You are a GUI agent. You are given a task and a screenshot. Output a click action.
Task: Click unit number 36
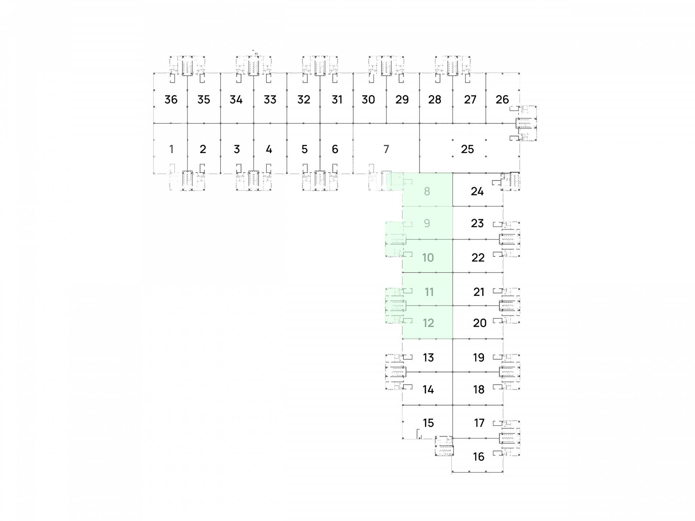(x=171, y=99)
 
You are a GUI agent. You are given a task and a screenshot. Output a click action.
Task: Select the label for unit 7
(x=386, y=149)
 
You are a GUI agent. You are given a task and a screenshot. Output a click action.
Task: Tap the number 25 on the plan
(x=467, y=149)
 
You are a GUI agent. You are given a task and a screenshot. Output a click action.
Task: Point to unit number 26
(x=502, y=99)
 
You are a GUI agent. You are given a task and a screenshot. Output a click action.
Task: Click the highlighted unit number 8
(x=427, y=191)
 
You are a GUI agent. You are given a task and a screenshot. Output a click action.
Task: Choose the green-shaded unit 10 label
(x=428, y=258)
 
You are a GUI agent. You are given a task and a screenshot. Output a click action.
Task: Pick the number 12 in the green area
(x=428, y=323)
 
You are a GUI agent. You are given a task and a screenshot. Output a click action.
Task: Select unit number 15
(x=428, y=423)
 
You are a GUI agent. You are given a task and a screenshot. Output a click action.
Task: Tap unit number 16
(x=479, y=457)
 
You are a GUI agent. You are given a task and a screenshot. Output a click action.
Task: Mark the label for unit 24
(x=477, y=191)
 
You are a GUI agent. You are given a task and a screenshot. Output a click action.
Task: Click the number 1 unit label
(x=171, y=149)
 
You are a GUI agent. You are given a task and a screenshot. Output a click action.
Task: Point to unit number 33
(x=270, y=99)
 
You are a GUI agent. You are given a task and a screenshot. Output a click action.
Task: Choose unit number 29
(x=402, y=99)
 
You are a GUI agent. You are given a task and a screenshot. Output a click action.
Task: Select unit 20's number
(x=480, y=323)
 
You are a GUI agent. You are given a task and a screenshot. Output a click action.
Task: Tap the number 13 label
(x=428, y=357)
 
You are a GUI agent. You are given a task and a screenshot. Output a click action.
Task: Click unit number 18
(x=479, y=389)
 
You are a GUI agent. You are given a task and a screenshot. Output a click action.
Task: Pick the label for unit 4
(x=269, y=149)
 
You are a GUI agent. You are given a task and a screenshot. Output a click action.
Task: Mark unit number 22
(x=478, y=258)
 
